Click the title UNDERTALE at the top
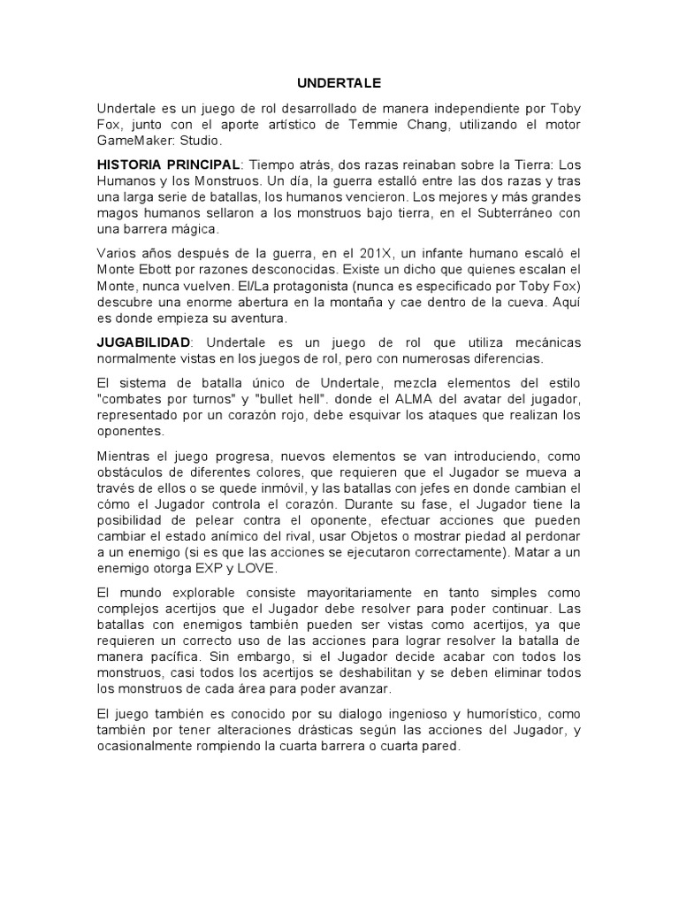(x=339, y=83)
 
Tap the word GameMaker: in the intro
(x=134, y=142)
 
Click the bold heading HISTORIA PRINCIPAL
(x=168, y=165)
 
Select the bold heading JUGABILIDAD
(x=143, y=342)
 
